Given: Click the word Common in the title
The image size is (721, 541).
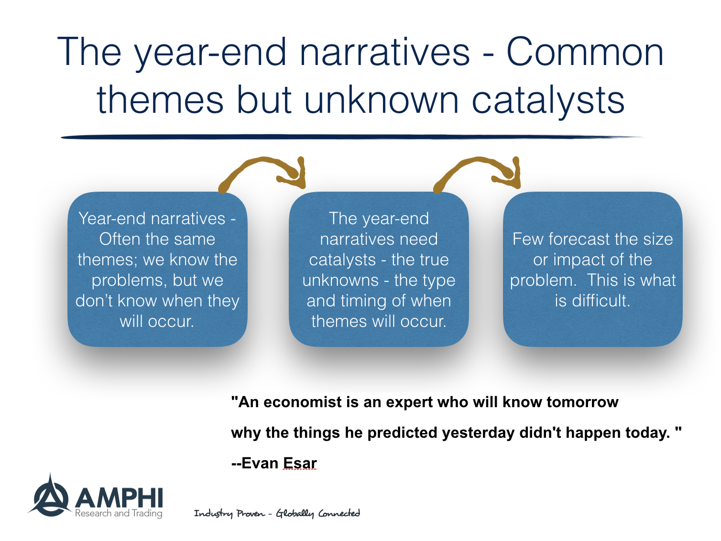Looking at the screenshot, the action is (x=585, y=53).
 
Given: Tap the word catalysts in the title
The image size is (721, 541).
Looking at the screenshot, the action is (x=548, y=100).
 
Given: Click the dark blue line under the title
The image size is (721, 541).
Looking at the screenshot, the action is (x=351, y=137).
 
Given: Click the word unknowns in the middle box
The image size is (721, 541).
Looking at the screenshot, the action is (x=340, y=281).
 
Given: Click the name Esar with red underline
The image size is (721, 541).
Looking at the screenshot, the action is (x=300, y=463).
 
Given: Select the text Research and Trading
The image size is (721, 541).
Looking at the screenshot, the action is (x=119, y=513).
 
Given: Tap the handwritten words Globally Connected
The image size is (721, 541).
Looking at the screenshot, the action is (x=318, y=513).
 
